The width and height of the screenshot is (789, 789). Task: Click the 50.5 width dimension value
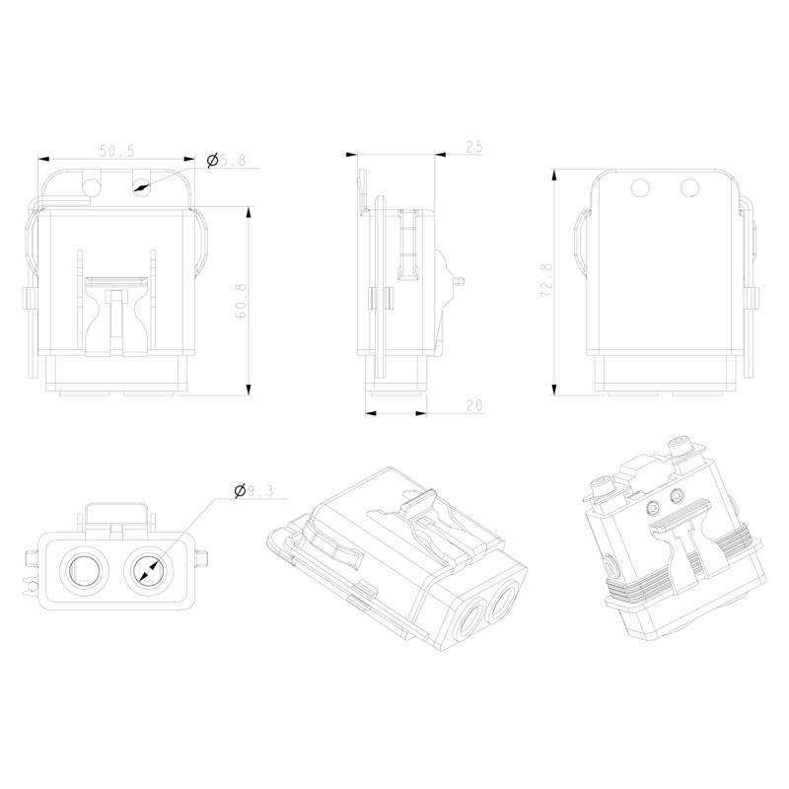click(x=117, y=150)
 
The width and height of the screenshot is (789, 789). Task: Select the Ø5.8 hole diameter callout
click(x=227, y=160)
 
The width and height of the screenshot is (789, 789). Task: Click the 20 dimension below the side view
click(x=473, y=405)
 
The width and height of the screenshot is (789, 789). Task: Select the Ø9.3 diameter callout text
click(x=259, y=489)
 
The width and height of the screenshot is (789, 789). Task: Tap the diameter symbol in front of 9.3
click(x=240, y=489)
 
